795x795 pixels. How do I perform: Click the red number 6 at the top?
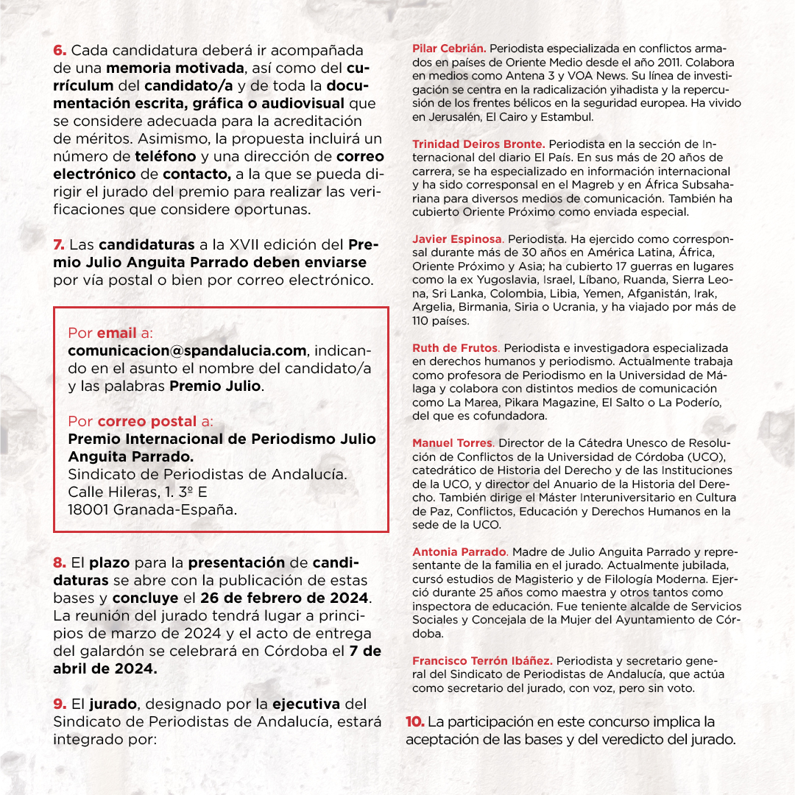60,50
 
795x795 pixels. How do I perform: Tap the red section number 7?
60,244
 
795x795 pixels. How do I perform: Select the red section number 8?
60,562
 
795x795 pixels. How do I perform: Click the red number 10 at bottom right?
414,721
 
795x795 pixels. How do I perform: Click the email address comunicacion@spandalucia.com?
187,350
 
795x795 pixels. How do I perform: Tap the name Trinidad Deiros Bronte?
478,144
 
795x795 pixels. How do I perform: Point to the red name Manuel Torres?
452,443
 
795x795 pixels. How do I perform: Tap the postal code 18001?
88,509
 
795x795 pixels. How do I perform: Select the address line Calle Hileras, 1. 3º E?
132,492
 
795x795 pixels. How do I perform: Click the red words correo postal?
147,422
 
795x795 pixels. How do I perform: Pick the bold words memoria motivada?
174,68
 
